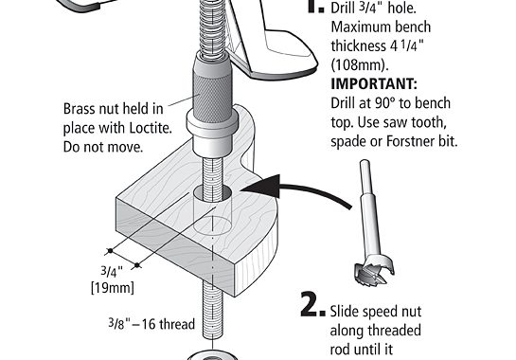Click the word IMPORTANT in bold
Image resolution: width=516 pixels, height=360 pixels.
(374, 84)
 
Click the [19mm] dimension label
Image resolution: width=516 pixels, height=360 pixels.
(113, 288)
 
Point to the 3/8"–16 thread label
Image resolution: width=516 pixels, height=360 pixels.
(151, 324)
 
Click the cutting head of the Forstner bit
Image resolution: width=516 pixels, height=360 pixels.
(375, 273)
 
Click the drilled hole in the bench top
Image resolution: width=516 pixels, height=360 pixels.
(212, 193)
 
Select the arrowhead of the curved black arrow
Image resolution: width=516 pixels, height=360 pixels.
(261, 187)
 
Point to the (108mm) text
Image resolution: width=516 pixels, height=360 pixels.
(360, 64)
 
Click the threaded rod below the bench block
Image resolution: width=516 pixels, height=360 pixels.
(212, 310)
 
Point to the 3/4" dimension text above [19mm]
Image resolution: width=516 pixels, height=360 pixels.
(112, 272)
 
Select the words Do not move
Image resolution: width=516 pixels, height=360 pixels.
(103, 147)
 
